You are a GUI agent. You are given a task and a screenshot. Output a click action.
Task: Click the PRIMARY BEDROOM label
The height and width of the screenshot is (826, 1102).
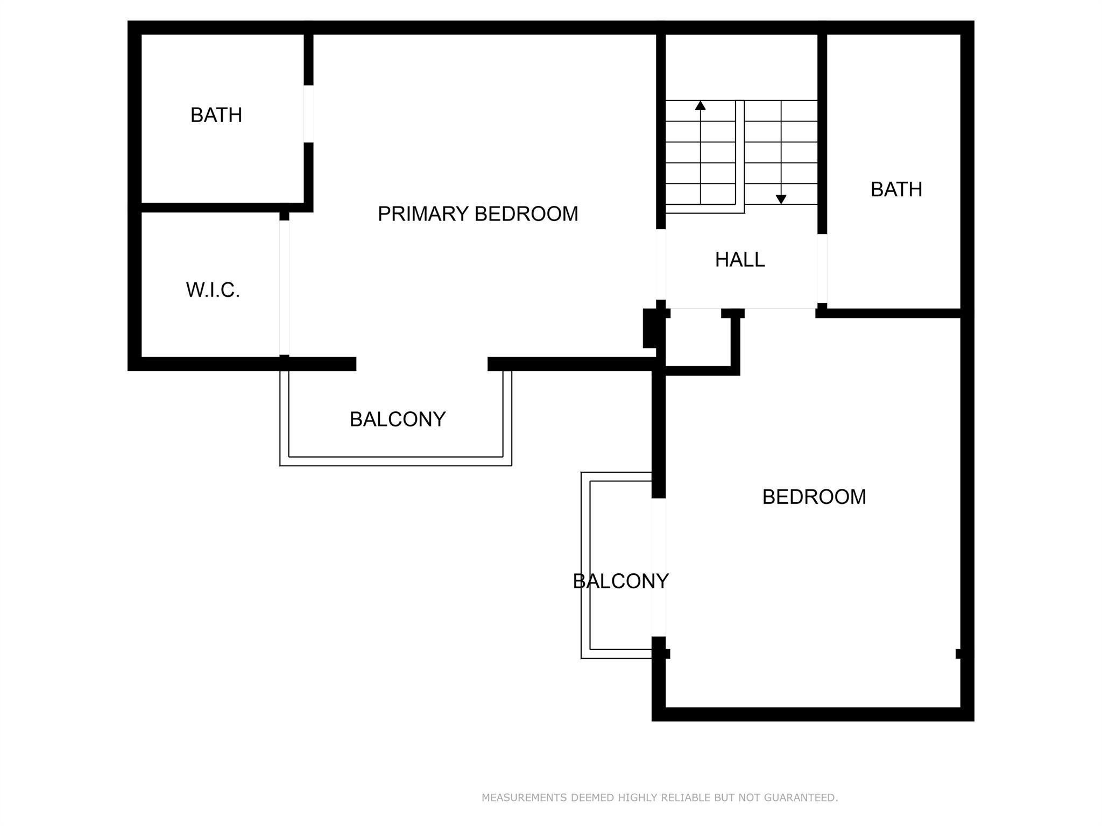pyautogui.click(x=478, y=214)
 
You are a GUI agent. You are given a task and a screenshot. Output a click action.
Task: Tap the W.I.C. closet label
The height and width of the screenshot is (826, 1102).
pyautogui.click(x=213, y=290)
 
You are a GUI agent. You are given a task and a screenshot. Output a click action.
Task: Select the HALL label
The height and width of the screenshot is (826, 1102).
pyautogui.click(x=740, y=260)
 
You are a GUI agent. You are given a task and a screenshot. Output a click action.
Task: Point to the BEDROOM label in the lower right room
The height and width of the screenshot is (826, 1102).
pyautogui.click(x=814, y=497)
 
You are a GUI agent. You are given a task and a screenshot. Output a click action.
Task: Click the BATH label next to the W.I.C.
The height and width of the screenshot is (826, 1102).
pyautogui.click(x=216, y=115)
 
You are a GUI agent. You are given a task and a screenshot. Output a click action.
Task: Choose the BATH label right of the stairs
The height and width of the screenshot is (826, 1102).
pyautogui.click(x=896, y=189)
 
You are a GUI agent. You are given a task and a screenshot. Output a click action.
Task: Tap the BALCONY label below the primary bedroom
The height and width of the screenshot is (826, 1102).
pyautogui.click(x=398, y=419)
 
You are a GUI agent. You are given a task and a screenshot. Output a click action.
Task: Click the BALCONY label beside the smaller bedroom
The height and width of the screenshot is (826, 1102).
pyautogui.click(x=620, y=581)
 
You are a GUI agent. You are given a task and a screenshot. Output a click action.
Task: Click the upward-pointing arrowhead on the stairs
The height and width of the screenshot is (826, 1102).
pyautogui.click(x=700, y=105)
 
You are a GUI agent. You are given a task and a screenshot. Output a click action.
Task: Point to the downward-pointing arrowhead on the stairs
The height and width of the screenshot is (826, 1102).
pyautogui.click(x=781, y=200)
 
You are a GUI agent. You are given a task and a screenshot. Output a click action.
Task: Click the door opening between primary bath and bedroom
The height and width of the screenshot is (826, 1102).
pyautogui.click(x=308, y=114)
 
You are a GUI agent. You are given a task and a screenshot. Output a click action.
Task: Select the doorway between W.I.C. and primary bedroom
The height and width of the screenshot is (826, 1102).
pyautogui.click(x=284, y=288)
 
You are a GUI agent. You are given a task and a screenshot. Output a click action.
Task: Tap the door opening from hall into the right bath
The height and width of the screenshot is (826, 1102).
pyautogui.click(x=822, y=268)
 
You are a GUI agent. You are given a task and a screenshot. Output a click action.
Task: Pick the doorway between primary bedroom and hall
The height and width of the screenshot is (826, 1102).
pyautogui.click(x=661, y=264)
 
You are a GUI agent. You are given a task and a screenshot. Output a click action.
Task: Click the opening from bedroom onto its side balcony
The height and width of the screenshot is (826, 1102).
pyautogui.click(x=659, y=567)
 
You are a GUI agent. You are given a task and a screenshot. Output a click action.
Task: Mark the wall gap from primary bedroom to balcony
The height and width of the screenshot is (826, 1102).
pyautogui.click(x=422, y=364)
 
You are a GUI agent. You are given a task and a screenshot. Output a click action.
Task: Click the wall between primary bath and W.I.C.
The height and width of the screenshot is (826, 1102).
pyautogui.click(x=221, y=208)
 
